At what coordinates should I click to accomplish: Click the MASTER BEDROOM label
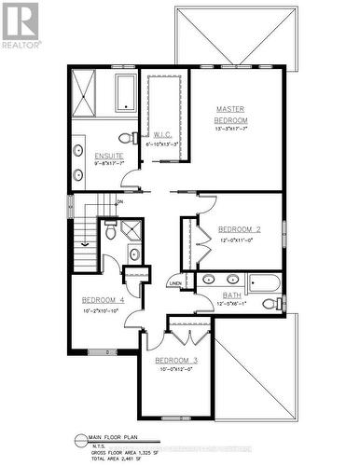pyautogui.click(x=231, y=115)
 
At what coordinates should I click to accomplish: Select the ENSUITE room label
pyautogui.click(x=92, y=155)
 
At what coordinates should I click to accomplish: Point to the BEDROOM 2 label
pyautogui.click(x=239, y=229)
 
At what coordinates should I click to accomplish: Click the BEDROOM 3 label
pyautogui.click(x=176, y=361)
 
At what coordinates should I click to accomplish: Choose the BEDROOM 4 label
pyautogui.click(x=103, y=299)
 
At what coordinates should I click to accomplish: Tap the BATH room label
pyautogui.click(x=232, y=295)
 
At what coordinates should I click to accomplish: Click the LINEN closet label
pyautogui.click(x=174, y=282)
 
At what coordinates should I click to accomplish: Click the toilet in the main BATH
pyautogui.click(x=270, y=304)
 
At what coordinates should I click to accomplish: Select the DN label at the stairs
pyautogui.click(x=119, y=201)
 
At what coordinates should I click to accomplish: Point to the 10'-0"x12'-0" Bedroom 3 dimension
pyautogui.click(x=176, y=369)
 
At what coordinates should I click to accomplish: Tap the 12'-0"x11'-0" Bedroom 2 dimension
pyautogui.click(x=238, y=240)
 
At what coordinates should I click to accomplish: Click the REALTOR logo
pyautogui.click(x=21, y=26)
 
